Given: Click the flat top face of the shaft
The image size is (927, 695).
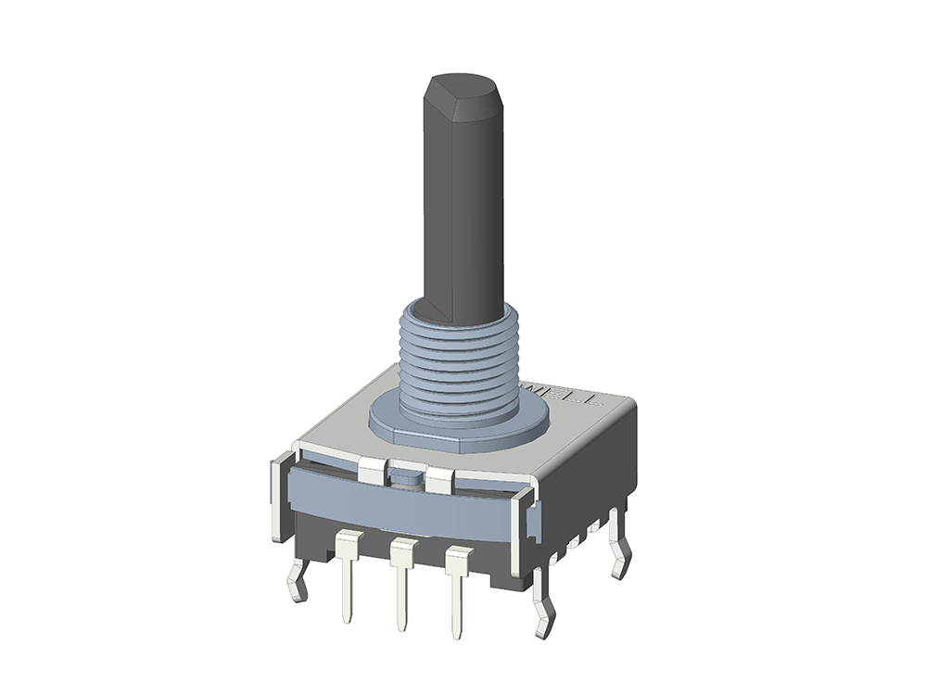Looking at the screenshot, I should coord(462,87).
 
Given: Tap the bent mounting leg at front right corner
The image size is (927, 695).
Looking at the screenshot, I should coord(543,607).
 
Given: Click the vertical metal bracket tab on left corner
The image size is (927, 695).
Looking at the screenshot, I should coord(277,500).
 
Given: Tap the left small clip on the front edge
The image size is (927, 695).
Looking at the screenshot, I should coord(372,471).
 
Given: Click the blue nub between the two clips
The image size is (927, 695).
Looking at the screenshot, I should coord(406,476).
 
